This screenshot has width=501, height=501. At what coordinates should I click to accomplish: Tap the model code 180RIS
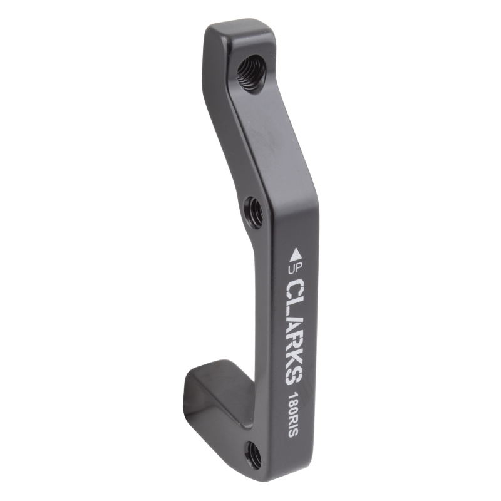pyautogui.click(x=292, y=417)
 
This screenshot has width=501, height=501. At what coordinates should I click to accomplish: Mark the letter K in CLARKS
pyautogui.click(x=294, y=357)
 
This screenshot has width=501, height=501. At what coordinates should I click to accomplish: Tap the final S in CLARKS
pyautogui.click(x=294, y=374)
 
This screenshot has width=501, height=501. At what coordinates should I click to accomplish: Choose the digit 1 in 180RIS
pyautogui.click(x=292, y=397)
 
